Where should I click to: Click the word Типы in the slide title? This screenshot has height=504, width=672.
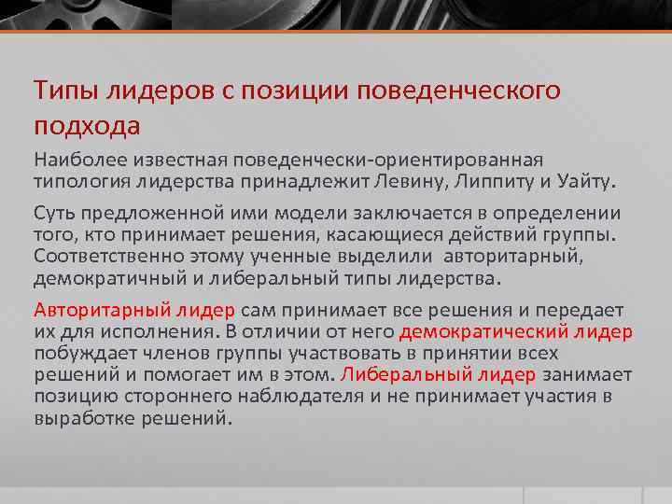pyautogui.click(x=62, y=91)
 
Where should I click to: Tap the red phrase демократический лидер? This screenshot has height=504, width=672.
pyautogui.click(x=515, y=331)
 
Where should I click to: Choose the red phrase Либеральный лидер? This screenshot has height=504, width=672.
pyautogui.click(x=439, y=374)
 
